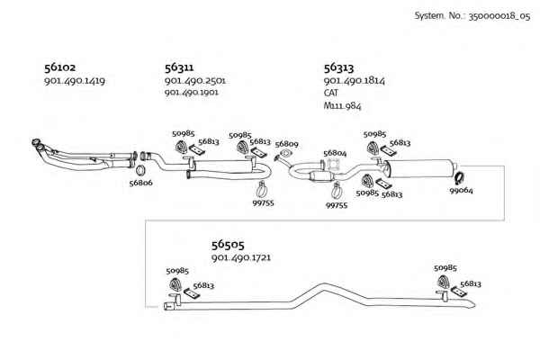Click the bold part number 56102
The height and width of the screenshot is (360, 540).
[x=59, y=67]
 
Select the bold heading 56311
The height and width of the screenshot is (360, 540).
[x=179, y=67]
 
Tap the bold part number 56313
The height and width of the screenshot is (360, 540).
[x=338, y=67]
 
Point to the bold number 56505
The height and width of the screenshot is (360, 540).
[x=228, y=245]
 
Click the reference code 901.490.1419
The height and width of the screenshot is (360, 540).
[x=75, y=81]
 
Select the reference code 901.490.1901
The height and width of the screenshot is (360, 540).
[x=191, y=93]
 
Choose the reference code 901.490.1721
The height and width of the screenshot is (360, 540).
[x=241, y=257]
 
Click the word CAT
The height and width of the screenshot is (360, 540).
[x=330, y=93]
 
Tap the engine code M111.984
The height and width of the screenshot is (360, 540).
[x=342, y=105]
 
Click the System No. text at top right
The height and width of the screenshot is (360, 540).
[x=472, y=16]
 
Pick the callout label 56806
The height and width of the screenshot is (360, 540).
[x=140, y=183]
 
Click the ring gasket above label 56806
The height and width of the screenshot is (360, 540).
[x=139, y=170]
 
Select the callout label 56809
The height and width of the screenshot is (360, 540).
[x=286, y=144]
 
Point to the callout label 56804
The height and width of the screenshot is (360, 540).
[x=335, y=153]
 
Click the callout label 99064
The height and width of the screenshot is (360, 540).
[x=461, y=190]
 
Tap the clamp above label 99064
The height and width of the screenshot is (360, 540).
[x=459, y=178]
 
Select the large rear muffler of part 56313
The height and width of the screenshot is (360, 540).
[x=419, y=168]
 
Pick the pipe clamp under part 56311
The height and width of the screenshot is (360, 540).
[x=262, y=190]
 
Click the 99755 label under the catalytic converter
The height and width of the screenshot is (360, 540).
[x=337, y=206]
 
